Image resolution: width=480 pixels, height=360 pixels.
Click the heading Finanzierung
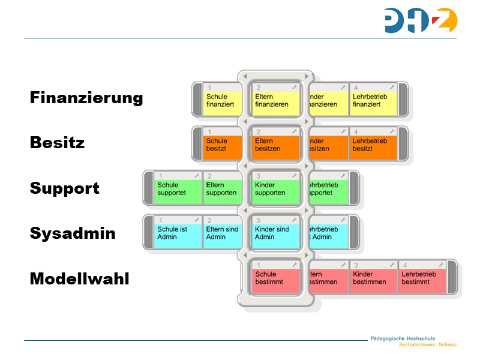point(86,98)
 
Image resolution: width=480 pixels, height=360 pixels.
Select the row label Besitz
point(57,143)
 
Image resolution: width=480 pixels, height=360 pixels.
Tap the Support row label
point(64,188)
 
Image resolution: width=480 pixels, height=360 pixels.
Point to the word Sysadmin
point(73,233)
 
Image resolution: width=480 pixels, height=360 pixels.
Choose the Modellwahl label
point(79,279)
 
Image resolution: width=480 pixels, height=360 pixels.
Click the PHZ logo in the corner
point(421,20)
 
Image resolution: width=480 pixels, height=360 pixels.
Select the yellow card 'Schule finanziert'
point(221,100)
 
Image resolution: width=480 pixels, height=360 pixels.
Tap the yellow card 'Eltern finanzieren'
point(275,100)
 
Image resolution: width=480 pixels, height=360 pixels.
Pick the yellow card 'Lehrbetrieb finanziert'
point(373,100)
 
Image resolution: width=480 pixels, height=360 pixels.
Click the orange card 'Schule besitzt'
point(221,145)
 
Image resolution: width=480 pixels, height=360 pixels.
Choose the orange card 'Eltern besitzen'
point(275,145)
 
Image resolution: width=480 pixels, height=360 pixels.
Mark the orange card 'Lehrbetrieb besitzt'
point(373,145)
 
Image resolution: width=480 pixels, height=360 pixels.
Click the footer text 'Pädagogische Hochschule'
point(403,338)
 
